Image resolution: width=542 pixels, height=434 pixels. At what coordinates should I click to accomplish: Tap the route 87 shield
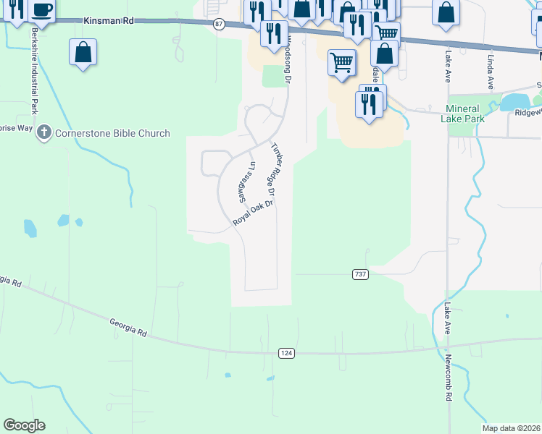pos(220,25)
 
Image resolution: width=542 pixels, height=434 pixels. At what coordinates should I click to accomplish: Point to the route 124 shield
pos(286,352)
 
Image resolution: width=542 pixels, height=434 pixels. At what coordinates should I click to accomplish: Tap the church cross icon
pos(44,132)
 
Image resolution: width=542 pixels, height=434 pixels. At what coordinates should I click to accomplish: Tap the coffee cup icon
pos(42,10)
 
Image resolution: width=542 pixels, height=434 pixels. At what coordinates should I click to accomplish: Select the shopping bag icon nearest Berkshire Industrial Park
pos(83,52)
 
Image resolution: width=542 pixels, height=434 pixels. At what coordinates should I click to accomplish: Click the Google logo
pos(24,425)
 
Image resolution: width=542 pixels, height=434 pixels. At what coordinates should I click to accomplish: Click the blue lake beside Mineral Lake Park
pos(517,102)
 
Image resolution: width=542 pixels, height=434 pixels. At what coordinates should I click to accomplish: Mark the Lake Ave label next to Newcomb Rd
pos(448,319)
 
